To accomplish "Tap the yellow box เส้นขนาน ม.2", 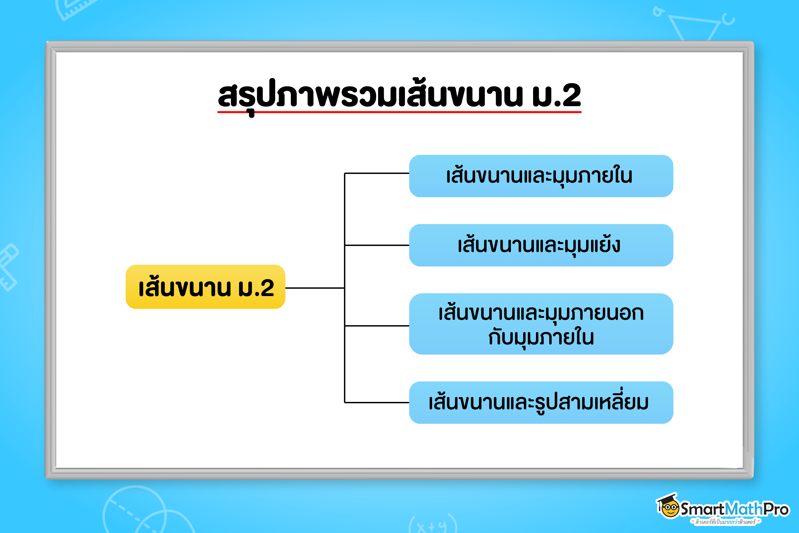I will coord(205,287).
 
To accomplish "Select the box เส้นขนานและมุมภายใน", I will coord(541,176).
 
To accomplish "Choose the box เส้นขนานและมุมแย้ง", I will coord(541,245).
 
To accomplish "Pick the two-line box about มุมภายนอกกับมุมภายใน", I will coord(541,324).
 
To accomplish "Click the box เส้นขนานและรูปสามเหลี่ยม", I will coord(541,403).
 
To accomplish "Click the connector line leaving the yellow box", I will coord(314,288).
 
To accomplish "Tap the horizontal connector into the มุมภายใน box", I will coord(376,173).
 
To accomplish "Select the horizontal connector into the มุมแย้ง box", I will coord(376,245).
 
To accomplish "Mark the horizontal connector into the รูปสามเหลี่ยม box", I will coord(376,403).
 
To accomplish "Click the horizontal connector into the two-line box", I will coord(376,325).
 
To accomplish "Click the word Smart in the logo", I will coord(702,509).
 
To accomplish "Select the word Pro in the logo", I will coord(776,509).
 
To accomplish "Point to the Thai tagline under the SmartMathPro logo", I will coord(725,522).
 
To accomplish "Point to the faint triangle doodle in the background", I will coord(693,27).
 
